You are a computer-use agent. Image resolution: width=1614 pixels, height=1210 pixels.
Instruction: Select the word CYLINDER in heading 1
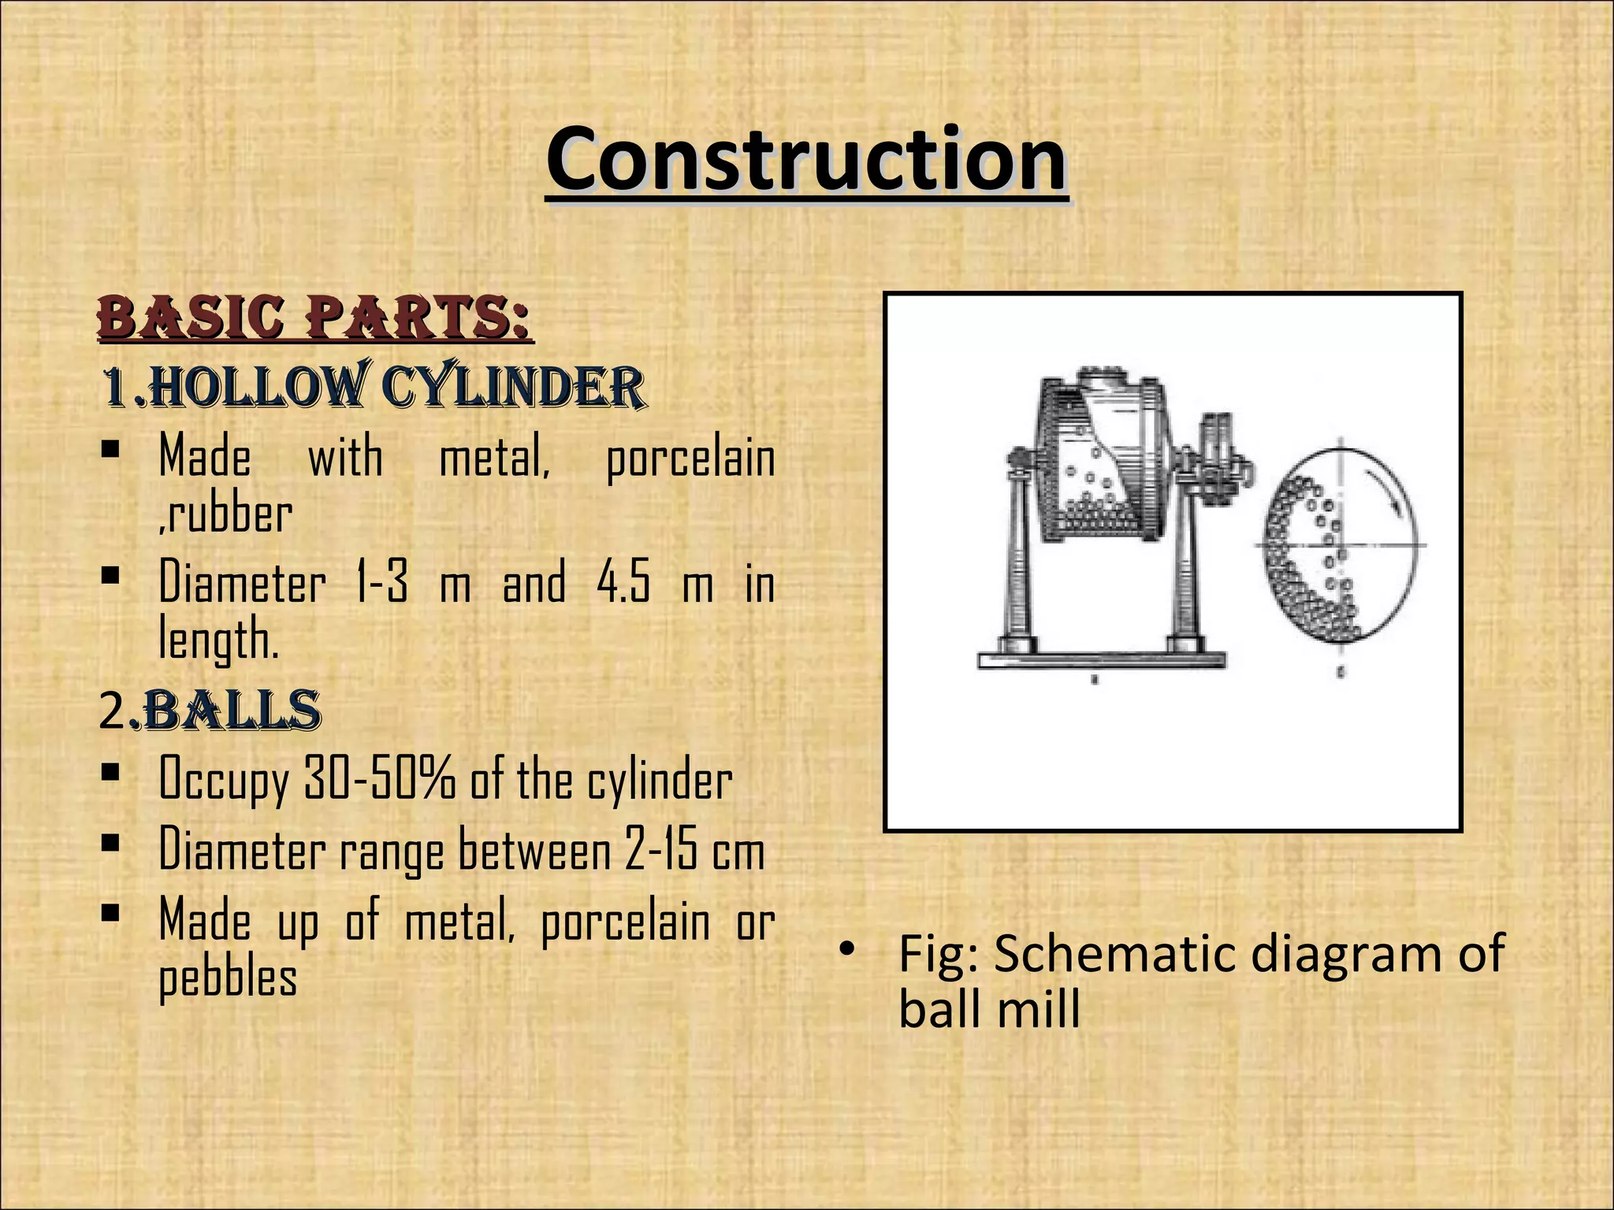tap(513, 388)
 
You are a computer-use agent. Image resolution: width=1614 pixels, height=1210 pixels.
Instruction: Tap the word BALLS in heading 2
tap(232, 711)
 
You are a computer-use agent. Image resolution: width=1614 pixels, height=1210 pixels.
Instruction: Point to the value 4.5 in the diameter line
tap(623, 584)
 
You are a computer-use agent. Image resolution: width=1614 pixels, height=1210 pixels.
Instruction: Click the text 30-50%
tap(379, 779)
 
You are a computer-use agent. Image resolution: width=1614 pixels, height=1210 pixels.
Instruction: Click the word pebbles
tap(228, 978)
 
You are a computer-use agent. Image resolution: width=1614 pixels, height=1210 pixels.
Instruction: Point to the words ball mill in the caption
tap(989, 1008)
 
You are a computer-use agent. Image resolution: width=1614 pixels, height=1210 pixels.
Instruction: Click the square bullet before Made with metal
tap(110, 451)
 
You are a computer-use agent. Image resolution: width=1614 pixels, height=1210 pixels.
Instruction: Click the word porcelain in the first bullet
tap(690, 459)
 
